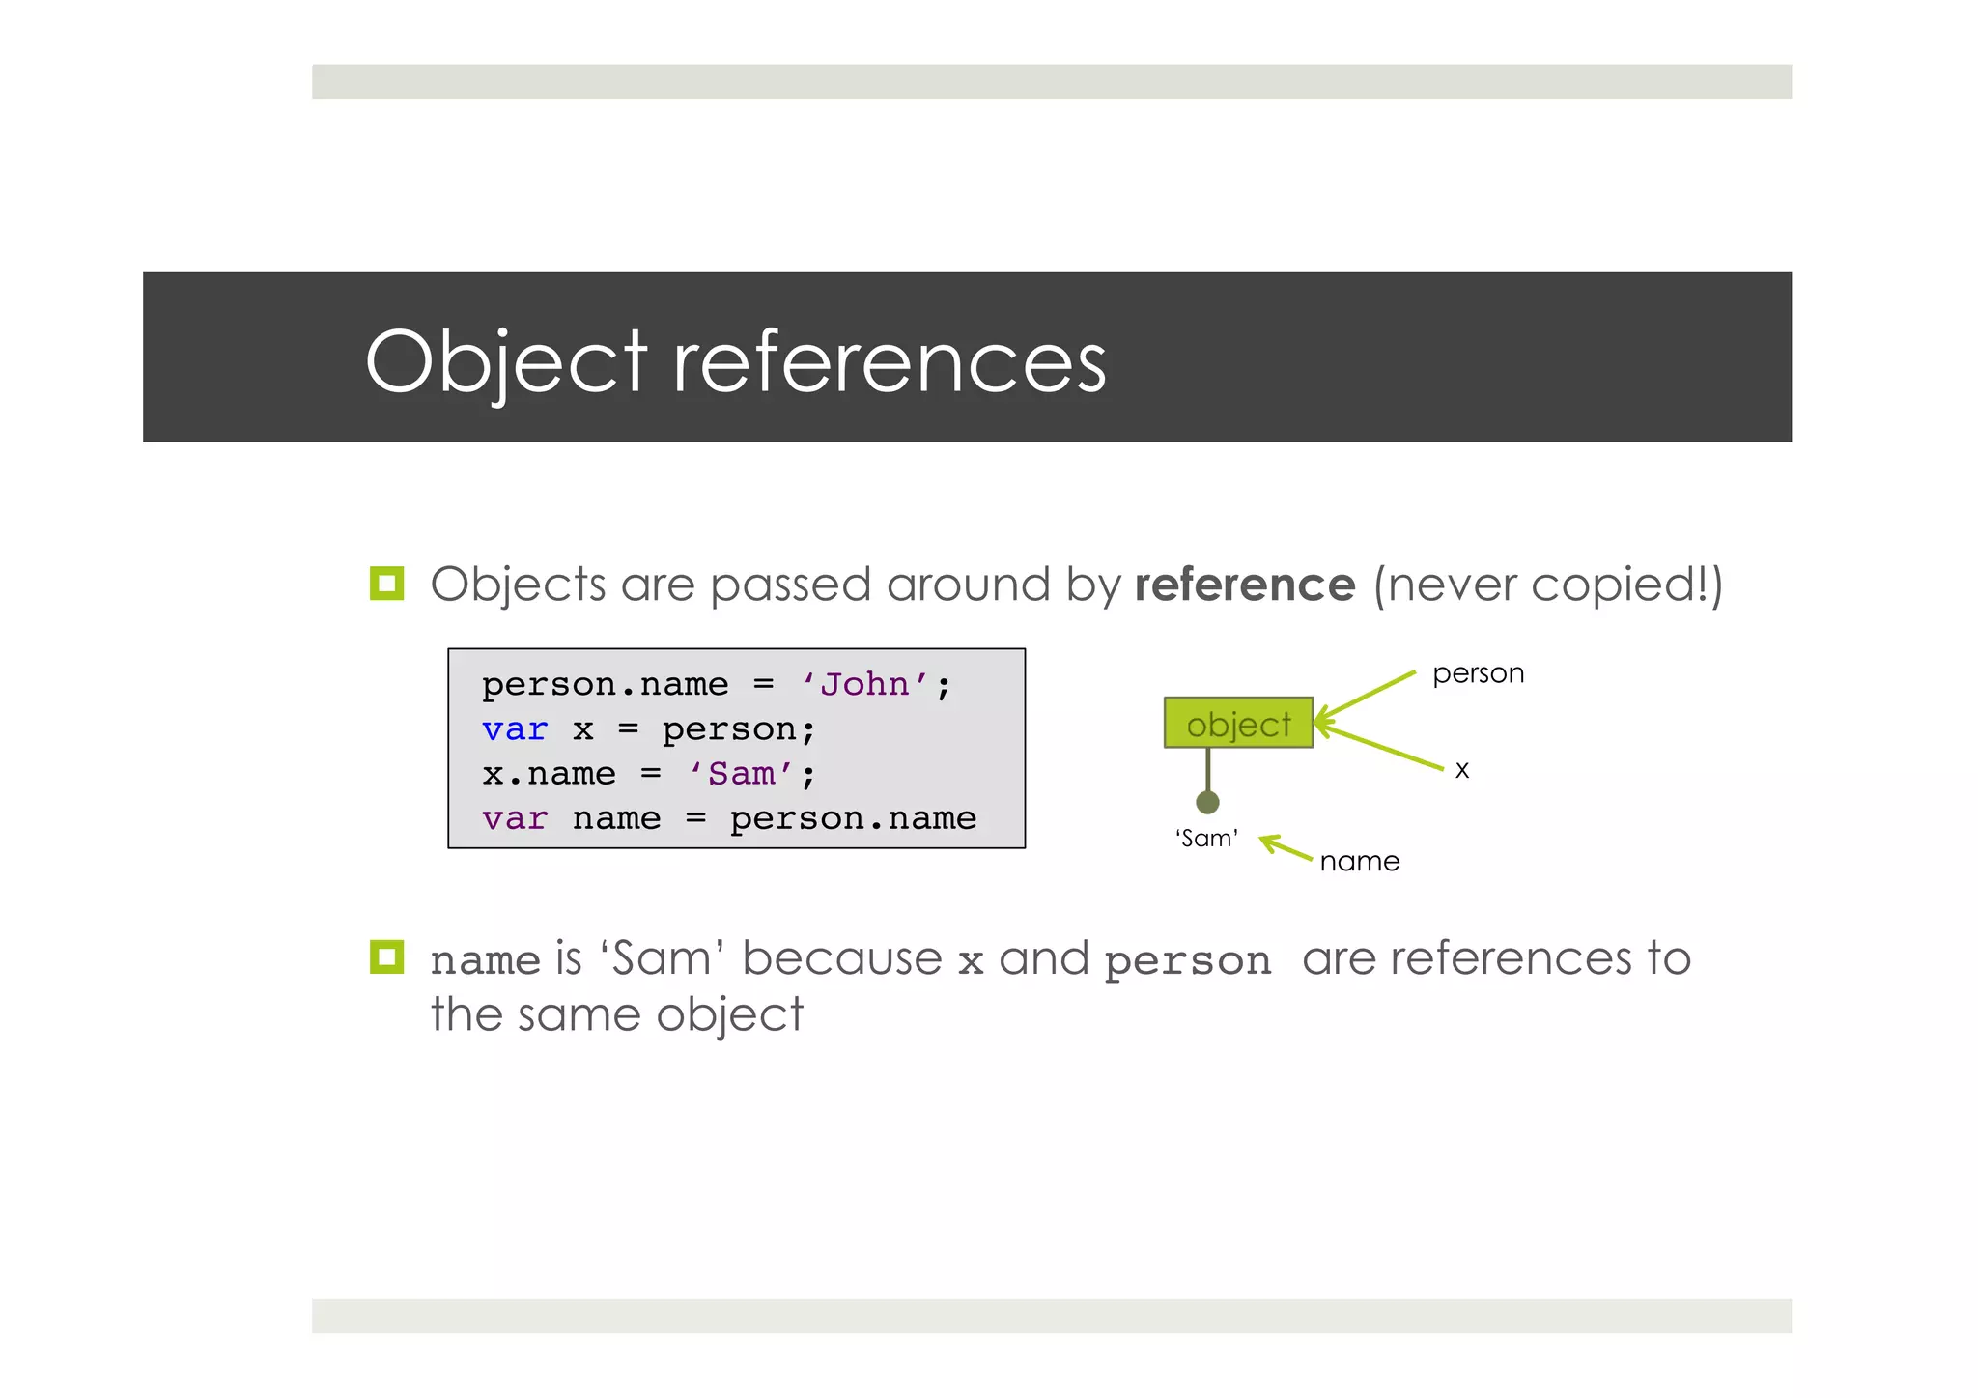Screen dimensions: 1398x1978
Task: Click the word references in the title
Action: pyautogui.click(x=889, y=361)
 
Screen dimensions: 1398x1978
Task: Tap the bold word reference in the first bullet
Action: pyautogui.click(x=1245, y=585)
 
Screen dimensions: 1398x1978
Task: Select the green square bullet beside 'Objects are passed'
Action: pyautogui.click(x=386, y=584)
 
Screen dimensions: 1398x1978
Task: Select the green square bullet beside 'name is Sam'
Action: pyautogui.click(x=386, y=956)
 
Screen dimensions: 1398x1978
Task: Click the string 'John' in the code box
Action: pyautogui.click(x=865, y=684)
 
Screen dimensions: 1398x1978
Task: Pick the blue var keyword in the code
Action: pyautogui.click(x=515, y=729)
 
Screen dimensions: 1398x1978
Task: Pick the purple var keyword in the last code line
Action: pyautogui.click(x=515, y=819)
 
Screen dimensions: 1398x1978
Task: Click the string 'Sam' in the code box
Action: pyautogui.click(x=742, y=774)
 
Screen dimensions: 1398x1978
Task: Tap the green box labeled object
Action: pyautogui.click(x=1238, y=723)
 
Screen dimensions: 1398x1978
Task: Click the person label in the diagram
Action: pyautogui.click(x=1478, y=673)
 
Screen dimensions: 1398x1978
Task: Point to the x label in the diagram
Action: pyautogui.click(x=1462, y=770)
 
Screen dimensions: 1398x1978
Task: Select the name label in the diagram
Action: pyautogui.click(x=1359, y=861)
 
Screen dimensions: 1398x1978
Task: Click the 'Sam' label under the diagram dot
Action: pyautogui.click(x=1207, y=838)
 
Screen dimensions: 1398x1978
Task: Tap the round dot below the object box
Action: pyautogui.click(x=1207, y=802)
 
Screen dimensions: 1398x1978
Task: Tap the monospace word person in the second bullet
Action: pyautogui.click(x=1188, y=961)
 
